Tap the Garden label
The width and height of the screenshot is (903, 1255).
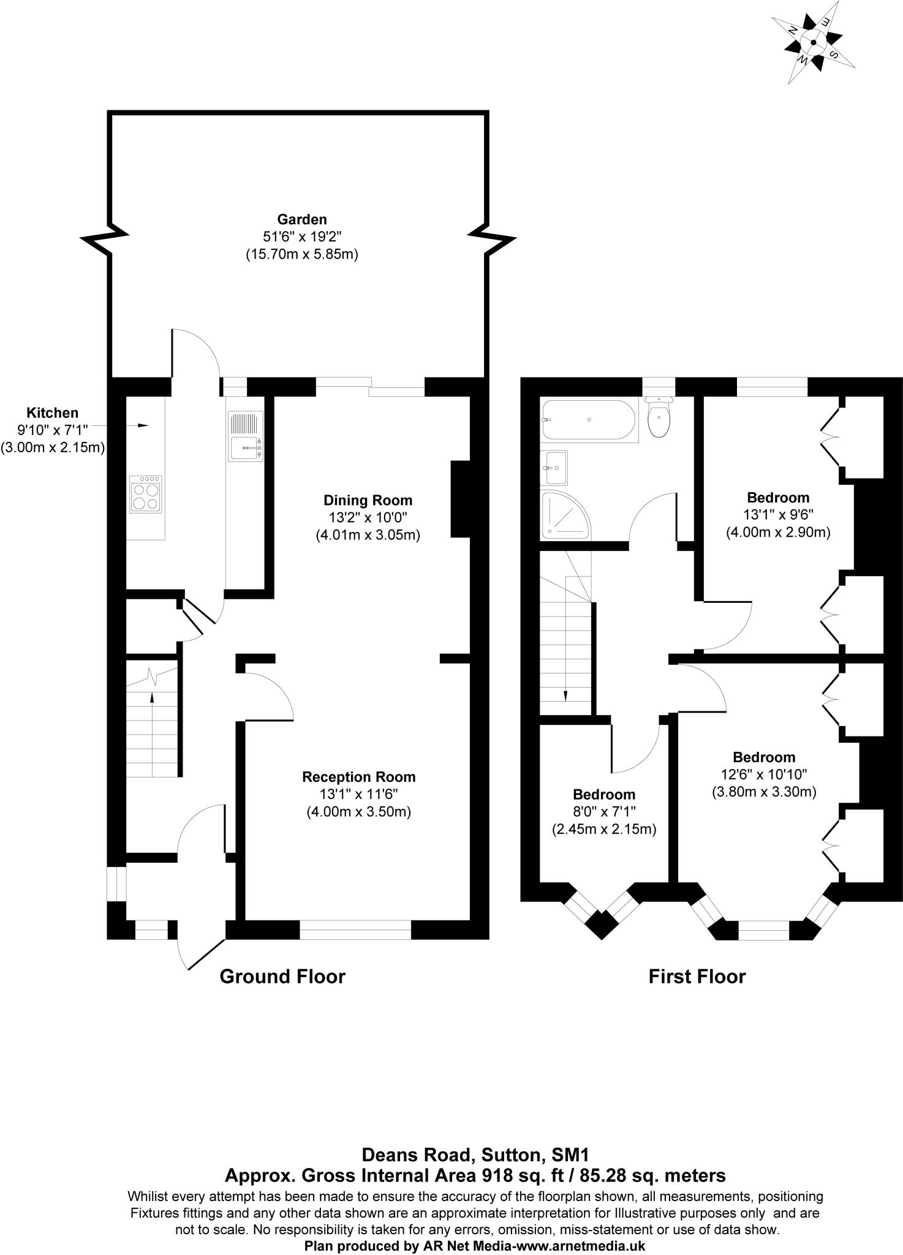[301, 219]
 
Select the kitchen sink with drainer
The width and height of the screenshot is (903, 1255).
[246, 436]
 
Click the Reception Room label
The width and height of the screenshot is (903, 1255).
[358, 777]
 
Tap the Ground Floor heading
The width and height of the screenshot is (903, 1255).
[282, 976]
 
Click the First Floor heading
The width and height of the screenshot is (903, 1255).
[697, 976]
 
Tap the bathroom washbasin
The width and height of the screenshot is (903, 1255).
[554, 468]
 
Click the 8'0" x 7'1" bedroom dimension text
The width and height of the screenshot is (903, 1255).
[604, 812]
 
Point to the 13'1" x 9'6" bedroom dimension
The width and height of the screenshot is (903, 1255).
[778, 515]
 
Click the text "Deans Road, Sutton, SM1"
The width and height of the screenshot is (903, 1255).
[475, 1155]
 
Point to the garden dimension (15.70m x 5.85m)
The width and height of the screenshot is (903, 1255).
[301, 254]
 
